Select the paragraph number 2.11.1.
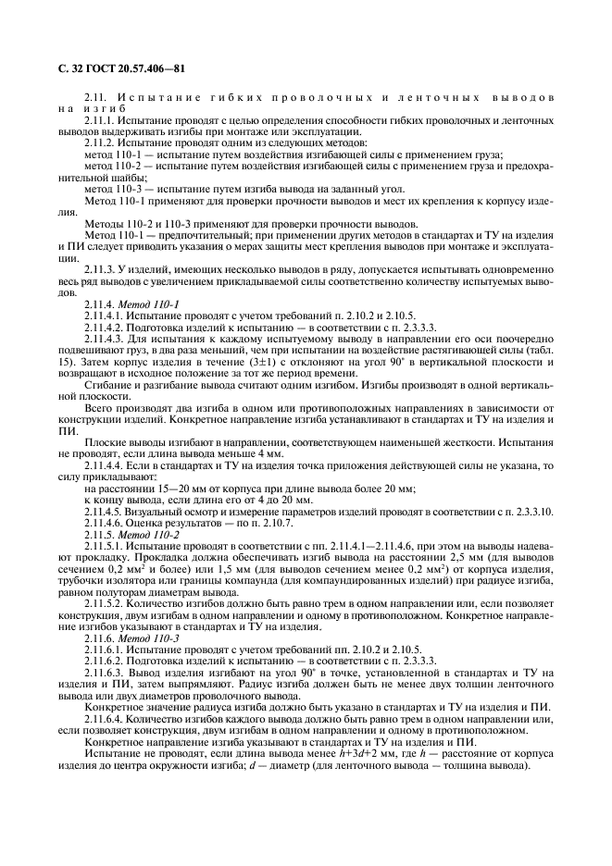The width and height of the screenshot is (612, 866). point(99,121)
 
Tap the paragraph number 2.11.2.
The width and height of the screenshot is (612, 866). point(99,145)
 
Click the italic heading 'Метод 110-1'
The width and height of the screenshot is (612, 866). point(140,303)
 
